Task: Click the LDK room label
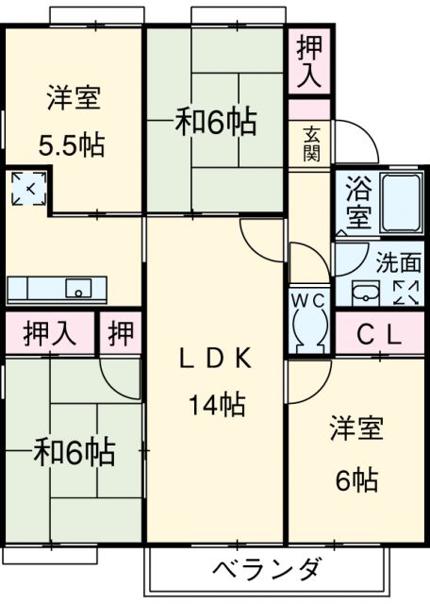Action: click(x=215, y=359)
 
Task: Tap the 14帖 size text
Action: click(x=216, y=406)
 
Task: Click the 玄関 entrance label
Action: click(x=311, y=143)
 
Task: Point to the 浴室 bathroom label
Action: click(x=358, y=199)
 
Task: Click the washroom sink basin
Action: click(x=364, y=292)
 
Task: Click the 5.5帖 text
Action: click(x=72, y=146)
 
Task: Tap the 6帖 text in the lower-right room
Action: click(x=357, y=481)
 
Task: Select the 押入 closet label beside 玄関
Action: click(x=308, y=62)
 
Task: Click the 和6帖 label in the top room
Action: click(x=217, y=124)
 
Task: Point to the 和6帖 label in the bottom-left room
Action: click(x=75, y=453)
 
